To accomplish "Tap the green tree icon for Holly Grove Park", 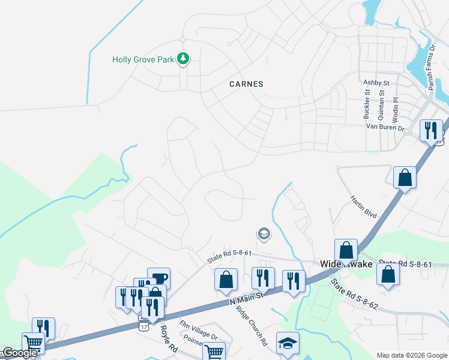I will pyautogui.click(x=184, y=59).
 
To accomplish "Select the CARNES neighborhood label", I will pyautogui.click(x=246, y=84).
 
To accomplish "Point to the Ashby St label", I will pyautogui.click(x=376, y=82).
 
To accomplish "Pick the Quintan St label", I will pyautogui.click(x=381, y=101).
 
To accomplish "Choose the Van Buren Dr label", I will pyautogui.click(x=386, y=127).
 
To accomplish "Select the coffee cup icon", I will pyautogui.click(x=158, y=278).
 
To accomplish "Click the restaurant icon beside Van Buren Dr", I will pyautogui.click(x=430, y=130).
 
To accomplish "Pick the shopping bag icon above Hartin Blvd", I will pyautogui.click(x=405, y=177).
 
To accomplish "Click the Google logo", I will pyautogui.click(x=20, y=353).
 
